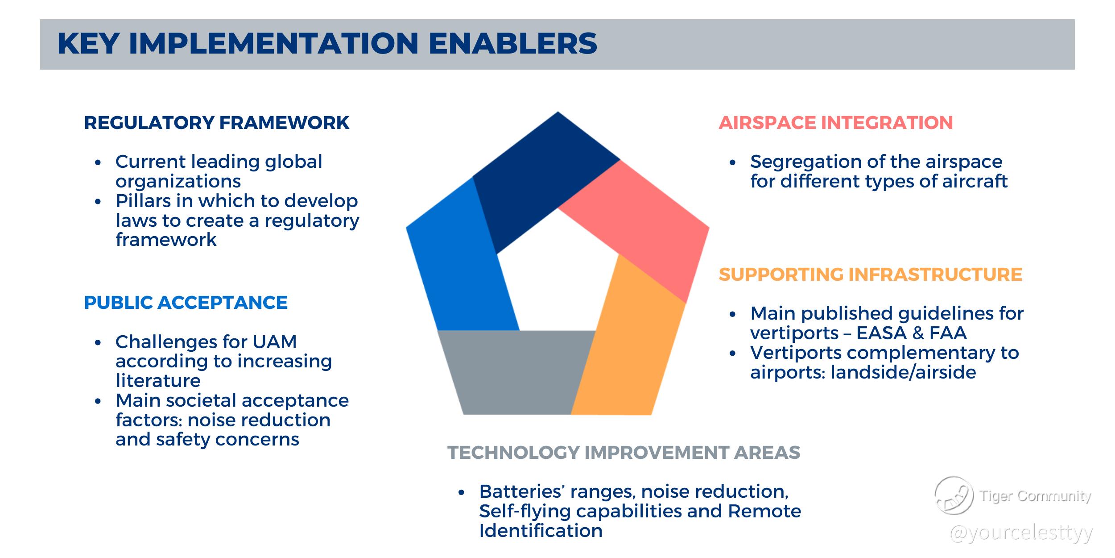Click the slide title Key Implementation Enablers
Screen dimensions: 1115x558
327,44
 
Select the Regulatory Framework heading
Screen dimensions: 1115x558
217,123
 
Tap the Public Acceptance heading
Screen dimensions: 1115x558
186,303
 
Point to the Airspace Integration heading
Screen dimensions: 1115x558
836,123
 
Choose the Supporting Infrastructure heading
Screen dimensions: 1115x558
871,274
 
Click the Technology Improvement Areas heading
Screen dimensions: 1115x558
624,453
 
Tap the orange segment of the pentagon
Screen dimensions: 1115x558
629,344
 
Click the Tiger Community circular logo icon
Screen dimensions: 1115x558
954,496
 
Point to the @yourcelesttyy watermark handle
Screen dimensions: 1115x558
1021,533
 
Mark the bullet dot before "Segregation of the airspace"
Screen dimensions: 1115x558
732,162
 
